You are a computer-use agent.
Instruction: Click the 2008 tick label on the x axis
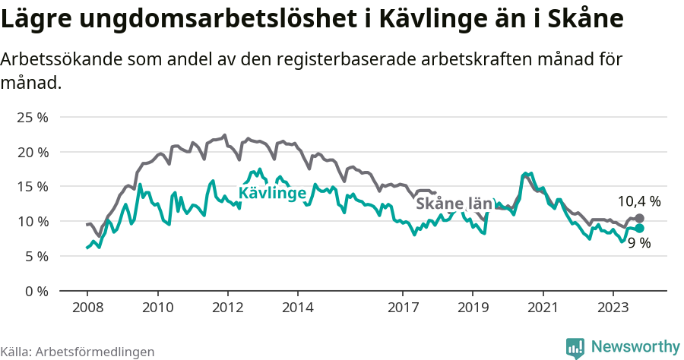pos(87,308)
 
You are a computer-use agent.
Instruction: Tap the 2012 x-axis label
pos(227,308)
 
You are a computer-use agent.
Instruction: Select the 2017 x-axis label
pos(403,308)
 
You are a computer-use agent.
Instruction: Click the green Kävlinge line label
pos(272,193)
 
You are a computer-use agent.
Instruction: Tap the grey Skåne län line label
pos(454,204)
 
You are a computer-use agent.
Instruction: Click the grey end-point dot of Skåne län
pos(639,219)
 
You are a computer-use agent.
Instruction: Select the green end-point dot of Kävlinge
pos(639,228)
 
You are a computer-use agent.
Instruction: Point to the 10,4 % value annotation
pos(638,201)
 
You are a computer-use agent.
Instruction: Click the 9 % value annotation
pos(638,243)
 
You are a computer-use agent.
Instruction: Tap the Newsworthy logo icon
pos(575,348)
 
